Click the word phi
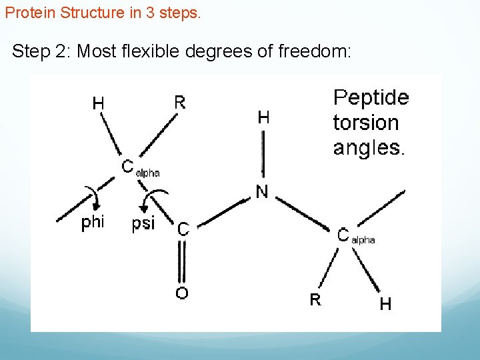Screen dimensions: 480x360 pyautogui.click(x=93, y=223)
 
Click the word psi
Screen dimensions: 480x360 pyautogui.click(x=143, y=223)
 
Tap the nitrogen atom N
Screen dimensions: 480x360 pyautogui.click(x=262, y=193)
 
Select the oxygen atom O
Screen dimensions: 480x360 pyautogui.click(x=181, y=293)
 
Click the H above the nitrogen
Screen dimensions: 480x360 pyautogui.click(x=264, y=118)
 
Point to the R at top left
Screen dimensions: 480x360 pyautogui.click(x=180, y=102)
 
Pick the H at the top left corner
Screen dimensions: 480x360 pyautogui.click(x=98, y=103)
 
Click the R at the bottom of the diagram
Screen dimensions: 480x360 pyautogui.click(x=315, y=299)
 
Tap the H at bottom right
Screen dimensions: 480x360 pyautogui.click(x=385, y=305)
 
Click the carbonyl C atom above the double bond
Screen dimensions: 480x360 pyautogui.click(x=183, y=229)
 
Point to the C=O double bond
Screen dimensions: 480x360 pyautogui.click(x=181, y=261)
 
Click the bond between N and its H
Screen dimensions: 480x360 pyautogui.click(x=263, y=154)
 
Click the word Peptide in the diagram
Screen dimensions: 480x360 pyautogui.click(x=371, y=98)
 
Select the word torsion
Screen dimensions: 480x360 pyautogui.click(x=365, y=123)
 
